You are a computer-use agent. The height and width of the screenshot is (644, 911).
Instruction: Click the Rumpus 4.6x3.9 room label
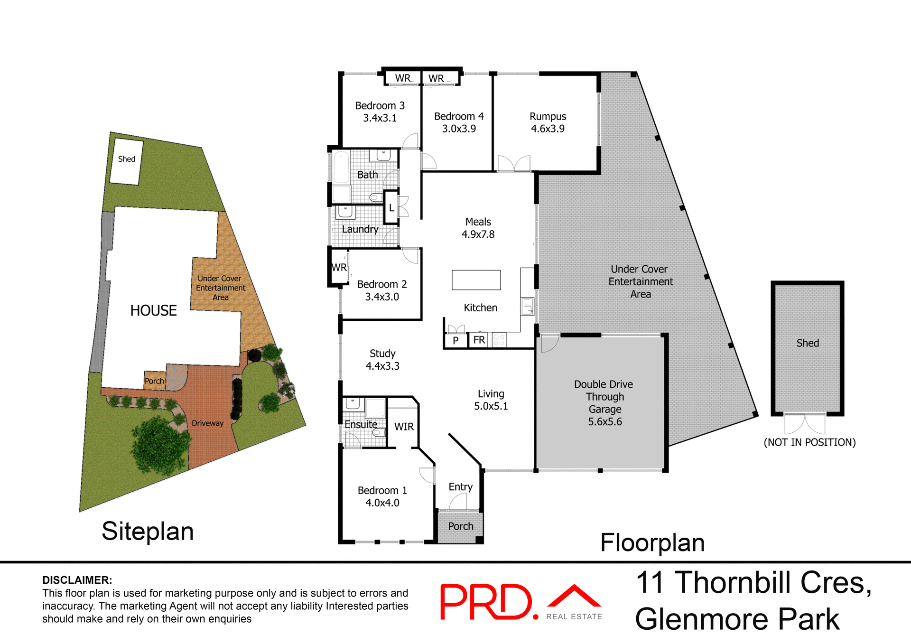548,122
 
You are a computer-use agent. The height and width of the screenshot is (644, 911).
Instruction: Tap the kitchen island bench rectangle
476,280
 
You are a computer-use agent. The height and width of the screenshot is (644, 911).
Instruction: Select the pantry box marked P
455,340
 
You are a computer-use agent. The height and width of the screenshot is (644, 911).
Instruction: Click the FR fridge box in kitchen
479,340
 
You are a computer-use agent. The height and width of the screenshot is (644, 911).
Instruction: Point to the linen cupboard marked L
391,207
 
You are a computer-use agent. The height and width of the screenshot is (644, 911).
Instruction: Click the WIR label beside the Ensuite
404,427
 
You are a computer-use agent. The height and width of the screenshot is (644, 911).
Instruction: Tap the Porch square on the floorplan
460,526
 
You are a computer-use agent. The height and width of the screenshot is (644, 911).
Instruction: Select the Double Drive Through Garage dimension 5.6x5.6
604,421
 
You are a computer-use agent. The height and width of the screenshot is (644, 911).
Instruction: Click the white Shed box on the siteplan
126,161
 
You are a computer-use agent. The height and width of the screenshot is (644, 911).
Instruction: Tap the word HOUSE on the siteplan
153,310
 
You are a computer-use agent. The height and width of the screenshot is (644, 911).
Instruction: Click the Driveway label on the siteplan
207,423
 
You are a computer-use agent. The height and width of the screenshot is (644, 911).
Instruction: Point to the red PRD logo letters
486,602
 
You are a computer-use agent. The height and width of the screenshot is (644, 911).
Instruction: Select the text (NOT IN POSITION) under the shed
809,442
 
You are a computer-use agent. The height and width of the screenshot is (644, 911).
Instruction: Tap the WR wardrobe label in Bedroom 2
339,268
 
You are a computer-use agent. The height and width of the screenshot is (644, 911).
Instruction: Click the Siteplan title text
148,531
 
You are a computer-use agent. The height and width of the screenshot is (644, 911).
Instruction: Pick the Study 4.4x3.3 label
382,360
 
